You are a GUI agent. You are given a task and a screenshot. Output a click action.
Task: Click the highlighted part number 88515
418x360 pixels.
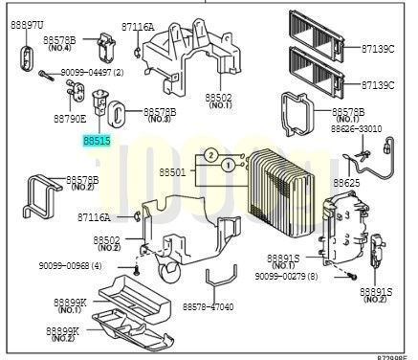tap(97, 140)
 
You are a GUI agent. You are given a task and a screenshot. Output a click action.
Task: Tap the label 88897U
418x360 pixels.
tap(27, 22)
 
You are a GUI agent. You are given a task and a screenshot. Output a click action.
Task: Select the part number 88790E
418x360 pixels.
tap(69, 119)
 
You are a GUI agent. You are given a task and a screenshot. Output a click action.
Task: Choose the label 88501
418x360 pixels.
tap(172, 171)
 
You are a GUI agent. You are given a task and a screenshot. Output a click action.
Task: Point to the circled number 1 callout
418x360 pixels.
tap(227, 165)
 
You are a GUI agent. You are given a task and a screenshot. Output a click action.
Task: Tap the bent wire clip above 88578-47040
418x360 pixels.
tap(221, 281)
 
